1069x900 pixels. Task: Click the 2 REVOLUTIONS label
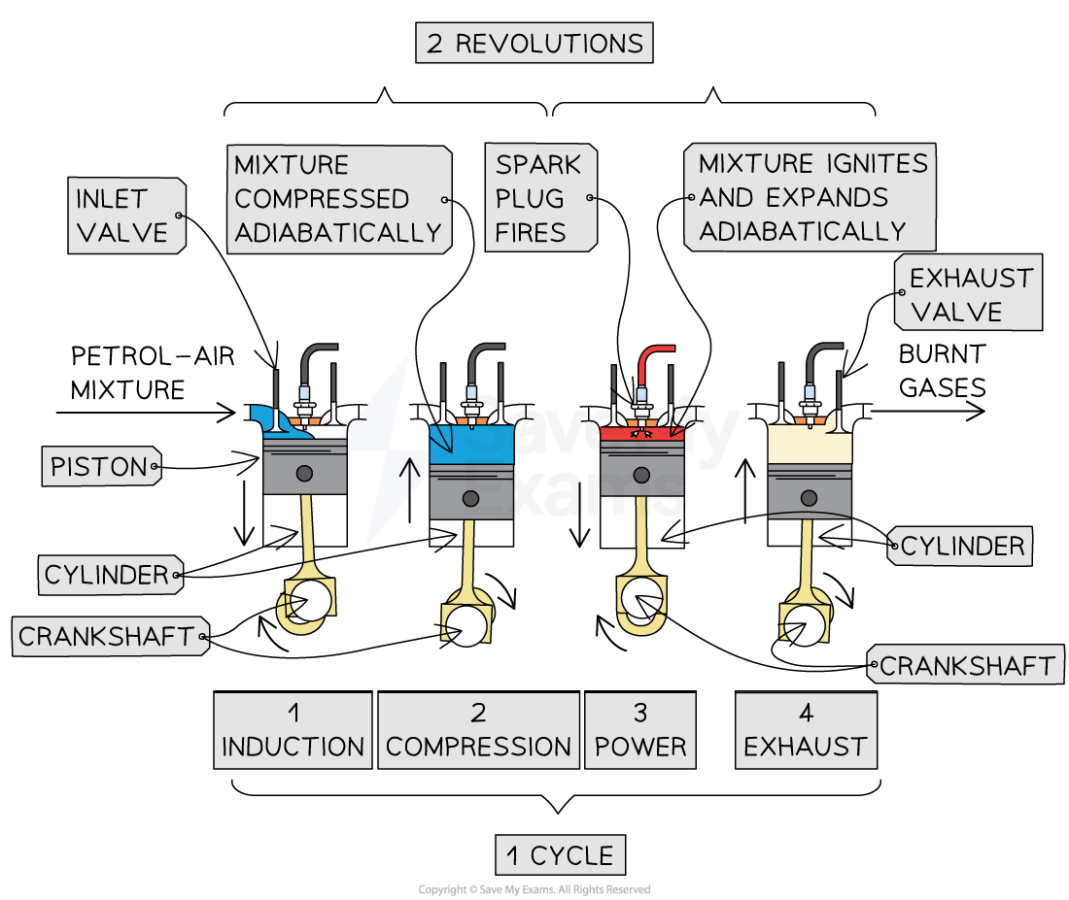coord(534,44)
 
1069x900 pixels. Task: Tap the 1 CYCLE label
coord(559,855)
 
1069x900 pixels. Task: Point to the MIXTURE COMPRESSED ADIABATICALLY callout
coord(338,199)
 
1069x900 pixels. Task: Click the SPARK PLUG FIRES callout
coord(538,198)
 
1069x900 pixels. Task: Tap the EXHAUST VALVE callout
coord(969,294)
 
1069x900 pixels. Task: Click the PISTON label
coord(99,467)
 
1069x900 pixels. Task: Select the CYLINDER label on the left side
coord(108,575)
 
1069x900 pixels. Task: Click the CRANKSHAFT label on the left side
coord(108,637)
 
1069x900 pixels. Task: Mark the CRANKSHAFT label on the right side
coord(966,666)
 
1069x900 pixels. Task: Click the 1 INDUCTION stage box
coord(293,730)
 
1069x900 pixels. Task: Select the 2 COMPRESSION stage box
coord(478,730)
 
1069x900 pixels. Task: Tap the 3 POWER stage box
coord(640,730)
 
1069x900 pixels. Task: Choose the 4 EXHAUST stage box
coord(806,730)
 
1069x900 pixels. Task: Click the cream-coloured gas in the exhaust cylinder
coord(810,445)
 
